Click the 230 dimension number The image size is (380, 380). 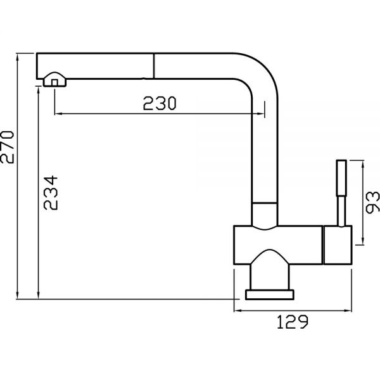click(x=160, y=103)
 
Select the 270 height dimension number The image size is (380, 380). click(x=7, y=147)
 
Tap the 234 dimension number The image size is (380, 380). click(x=51, y=193)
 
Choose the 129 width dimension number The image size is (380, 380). click(x=293, y=322)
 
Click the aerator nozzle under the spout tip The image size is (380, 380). click(x=54, y=79)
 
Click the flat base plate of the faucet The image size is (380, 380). click(x=270, y=294)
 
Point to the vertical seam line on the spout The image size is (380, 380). click(x=154, y=66)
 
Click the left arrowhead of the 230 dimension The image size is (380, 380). click(x=58, y=113)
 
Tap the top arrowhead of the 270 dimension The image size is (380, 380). click(x=17, y=58)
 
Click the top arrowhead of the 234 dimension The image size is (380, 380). click(x=38, y=91)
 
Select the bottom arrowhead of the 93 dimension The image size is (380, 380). click(x=363, y=241)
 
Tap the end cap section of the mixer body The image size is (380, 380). click(x=338, y=245)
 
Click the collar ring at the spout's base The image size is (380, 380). click(x=265, y=214)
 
